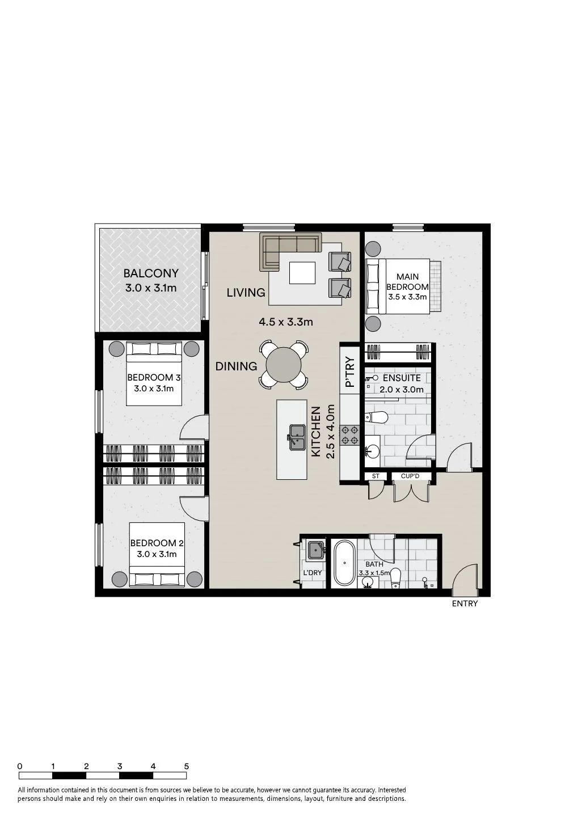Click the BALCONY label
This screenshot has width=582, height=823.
pos(151,273)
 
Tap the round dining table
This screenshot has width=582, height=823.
pos(284,365)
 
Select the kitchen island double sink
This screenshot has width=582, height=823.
pos(297,437)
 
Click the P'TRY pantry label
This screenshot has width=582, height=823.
pos(350,372)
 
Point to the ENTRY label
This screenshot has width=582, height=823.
pos(465,603)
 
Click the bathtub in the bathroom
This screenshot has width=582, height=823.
pos(345,563)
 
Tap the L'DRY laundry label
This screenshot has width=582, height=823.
pos(313,572)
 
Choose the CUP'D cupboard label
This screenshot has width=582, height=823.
pos(410,476)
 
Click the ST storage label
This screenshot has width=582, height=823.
pos(376,476)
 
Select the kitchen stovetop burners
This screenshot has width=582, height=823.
pos(350,435)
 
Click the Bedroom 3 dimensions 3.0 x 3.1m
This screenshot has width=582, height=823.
pos(154,389)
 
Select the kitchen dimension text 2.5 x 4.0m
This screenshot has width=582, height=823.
pos(330,431)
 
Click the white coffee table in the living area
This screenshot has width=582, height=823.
pos(302,273)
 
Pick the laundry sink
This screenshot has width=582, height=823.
pos(315,550)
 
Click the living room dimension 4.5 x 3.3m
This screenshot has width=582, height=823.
pos(286,322)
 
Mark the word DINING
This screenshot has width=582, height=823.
pos(236,366)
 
